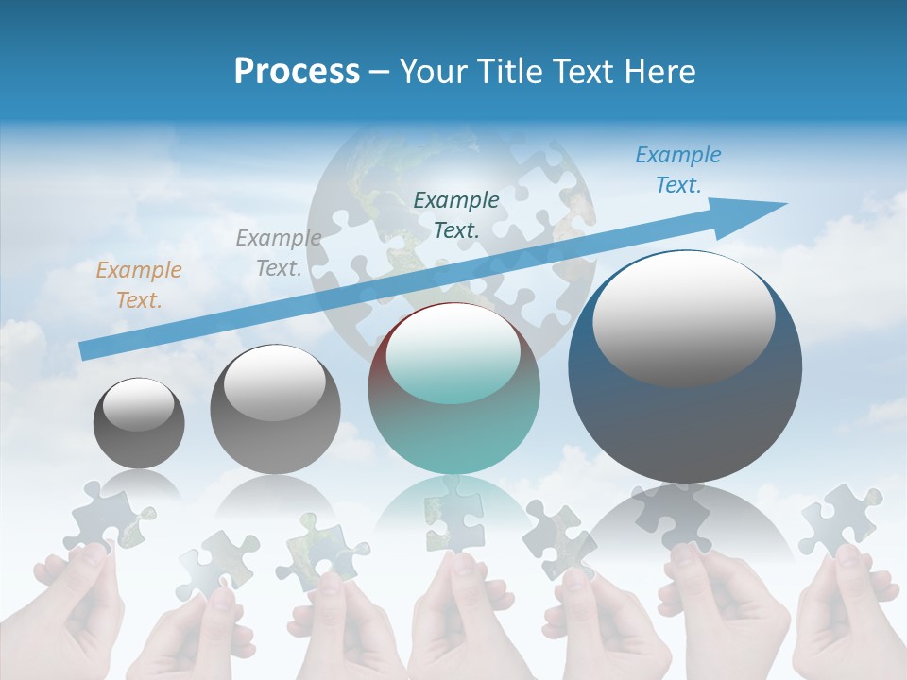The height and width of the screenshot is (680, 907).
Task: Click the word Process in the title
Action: tap(297, 72)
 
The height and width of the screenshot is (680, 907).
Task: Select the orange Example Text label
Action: tap(139, 285)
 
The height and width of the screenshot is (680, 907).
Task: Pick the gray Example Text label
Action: tap(278, 253)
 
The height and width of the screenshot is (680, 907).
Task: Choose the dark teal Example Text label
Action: tap(456, 214)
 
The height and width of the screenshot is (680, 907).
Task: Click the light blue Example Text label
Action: tap(677, 170)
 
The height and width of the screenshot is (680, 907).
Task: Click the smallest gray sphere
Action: tap(139, 423)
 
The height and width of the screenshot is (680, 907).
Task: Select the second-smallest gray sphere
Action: tap(275, 410)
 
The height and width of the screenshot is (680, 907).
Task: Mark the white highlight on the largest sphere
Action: tap(683, 316)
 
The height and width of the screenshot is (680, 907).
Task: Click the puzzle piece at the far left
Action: tap(105, 516)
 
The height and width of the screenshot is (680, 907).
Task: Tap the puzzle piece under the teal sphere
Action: tap(453, 510)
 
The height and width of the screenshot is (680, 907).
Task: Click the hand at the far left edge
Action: tap(76, 614)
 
